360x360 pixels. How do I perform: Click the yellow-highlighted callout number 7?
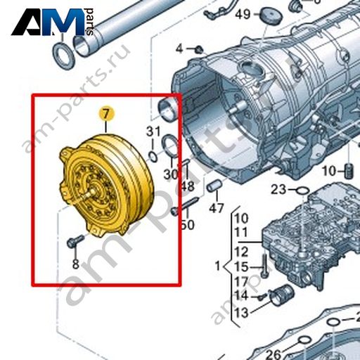106,115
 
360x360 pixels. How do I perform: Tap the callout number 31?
153,131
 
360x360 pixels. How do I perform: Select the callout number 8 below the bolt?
75,264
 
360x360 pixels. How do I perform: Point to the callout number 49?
243,15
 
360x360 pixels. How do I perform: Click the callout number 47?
217,208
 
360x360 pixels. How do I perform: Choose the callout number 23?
278,189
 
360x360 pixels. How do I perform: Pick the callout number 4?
179,49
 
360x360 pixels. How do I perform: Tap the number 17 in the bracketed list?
241,281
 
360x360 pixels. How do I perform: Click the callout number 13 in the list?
241,312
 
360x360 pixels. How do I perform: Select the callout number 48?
188,187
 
